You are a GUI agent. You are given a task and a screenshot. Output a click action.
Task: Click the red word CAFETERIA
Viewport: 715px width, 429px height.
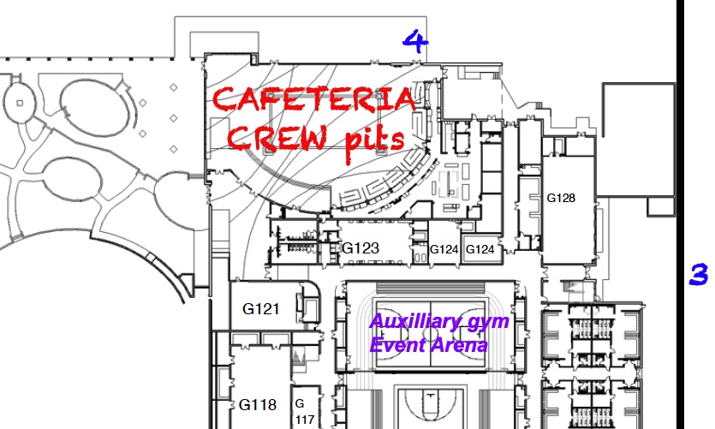point(314,99)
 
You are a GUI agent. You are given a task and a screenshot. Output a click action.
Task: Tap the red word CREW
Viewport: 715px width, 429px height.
point(277,138)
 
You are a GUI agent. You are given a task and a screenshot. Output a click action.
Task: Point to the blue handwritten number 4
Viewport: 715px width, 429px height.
point(415,41)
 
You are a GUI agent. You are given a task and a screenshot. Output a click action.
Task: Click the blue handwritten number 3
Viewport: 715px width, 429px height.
point(699,274)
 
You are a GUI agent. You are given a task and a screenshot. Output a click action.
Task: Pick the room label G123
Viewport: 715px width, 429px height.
point(360,248)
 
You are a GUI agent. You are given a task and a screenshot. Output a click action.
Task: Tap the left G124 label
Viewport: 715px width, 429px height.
point(444,249)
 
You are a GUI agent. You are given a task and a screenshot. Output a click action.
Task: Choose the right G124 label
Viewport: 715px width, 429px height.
point(480,249)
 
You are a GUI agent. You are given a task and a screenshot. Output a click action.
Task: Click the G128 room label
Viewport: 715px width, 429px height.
point(561,198)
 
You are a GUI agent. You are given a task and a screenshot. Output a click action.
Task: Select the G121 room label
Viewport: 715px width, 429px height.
point(261,308)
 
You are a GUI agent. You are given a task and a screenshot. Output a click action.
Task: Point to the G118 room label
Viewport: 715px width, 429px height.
point(258,404)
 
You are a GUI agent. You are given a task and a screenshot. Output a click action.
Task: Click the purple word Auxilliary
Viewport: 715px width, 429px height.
point(408,322)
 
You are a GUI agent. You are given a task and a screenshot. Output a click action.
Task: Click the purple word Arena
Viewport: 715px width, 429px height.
point(459,345)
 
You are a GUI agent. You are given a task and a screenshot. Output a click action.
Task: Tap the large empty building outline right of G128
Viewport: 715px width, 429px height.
point(639,83)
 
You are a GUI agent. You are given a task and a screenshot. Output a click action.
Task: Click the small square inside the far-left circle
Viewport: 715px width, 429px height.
point(20,103)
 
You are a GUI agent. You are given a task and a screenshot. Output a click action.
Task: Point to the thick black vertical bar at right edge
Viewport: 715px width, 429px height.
point(681,214)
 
